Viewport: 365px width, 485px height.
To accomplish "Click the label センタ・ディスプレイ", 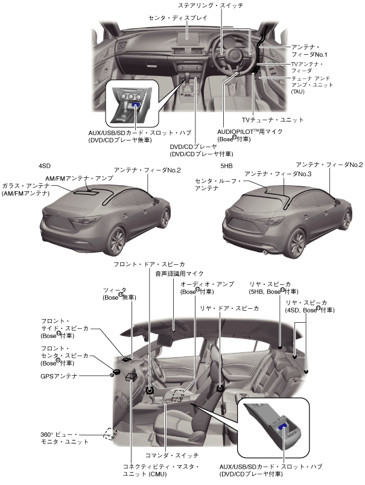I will tap(178, 18).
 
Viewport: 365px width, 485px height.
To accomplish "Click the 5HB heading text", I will tap(227, 165).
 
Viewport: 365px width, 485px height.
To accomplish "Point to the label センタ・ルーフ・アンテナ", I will tap(218, 184).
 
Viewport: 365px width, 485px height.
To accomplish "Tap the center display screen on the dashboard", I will tap(188, 36).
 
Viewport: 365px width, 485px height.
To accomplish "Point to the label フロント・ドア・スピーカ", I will tap(149, 264).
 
